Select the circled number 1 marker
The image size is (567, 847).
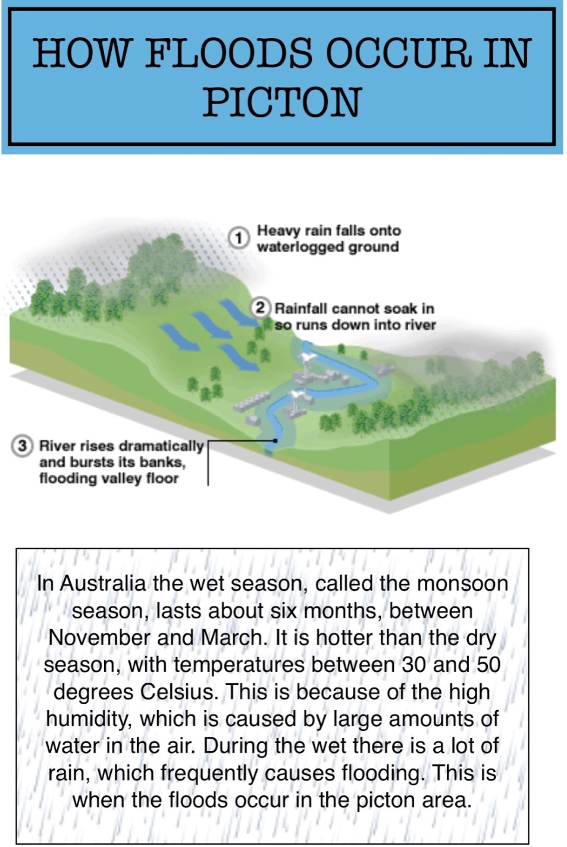[x=239, y=238]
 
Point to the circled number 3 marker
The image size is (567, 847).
[x=22, y=447]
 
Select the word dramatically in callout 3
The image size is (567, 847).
[x=161, y=447]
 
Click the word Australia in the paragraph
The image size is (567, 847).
[x=102, y=583]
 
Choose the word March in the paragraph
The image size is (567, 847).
[x=231, y=638]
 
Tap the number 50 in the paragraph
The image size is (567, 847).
[x=488, y=665]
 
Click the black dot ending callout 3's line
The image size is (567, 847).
[x=275, y=440]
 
